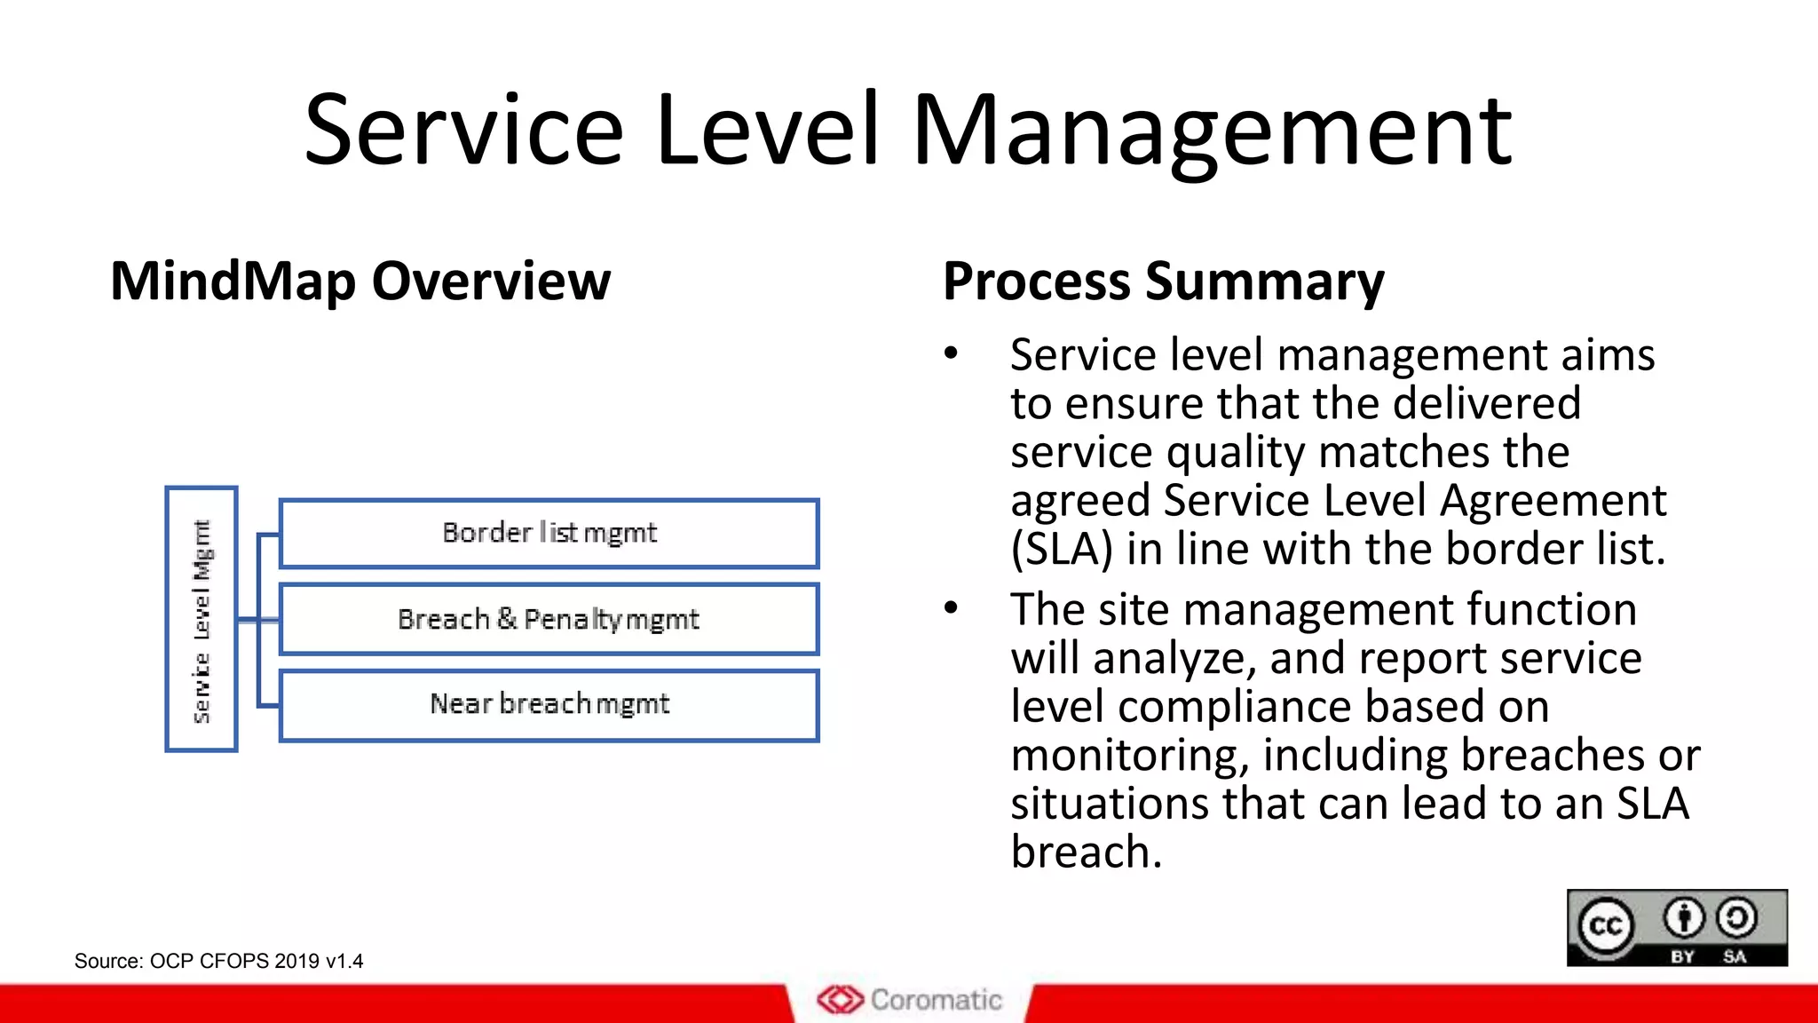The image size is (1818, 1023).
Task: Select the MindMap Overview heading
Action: click(x=360, y=282)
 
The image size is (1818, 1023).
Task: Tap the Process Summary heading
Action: click(x=1163, y=282)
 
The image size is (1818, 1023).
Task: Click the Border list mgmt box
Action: click(x=549, y=533)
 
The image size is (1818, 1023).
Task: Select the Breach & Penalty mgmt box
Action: click(x=549, y=619)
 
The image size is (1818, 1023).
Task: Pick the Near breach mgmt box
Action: click(x=549, y=704)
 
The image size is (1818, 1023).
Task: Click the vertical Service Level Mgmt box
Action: click(x=202, y=619)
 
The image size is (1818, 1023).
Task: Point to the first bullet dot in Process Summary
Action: click(x=952, y=354)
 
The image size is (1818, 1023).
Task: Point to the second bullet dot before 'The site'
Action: click(x=952, y=609)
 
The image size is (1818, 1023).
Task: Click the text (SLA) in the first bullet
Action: click(x=1062, y=549)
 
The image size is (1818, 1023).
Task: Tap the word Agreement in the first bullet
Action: click(x=1553, y=501)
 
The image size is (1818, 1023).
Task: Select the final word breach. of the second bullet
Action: click(x=1087, y=852)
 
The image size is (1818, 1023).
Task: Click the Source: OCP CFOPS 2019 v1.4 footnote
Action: click(x=218, y=961)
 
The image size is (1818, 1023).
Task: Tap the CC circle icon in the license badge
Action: click(x=1606, y=926)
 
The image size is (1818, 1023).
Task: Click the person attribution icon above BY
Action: click(x=1684, y=918)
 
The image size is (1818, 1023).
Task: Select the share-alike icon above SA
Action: click(x=1736, y=918)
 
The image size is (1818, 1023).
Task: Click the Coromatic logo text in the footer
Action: click(x=936, y=1000)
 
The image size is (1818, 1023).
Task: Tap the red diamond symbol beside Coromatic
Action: click(x=840, y=1000)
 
